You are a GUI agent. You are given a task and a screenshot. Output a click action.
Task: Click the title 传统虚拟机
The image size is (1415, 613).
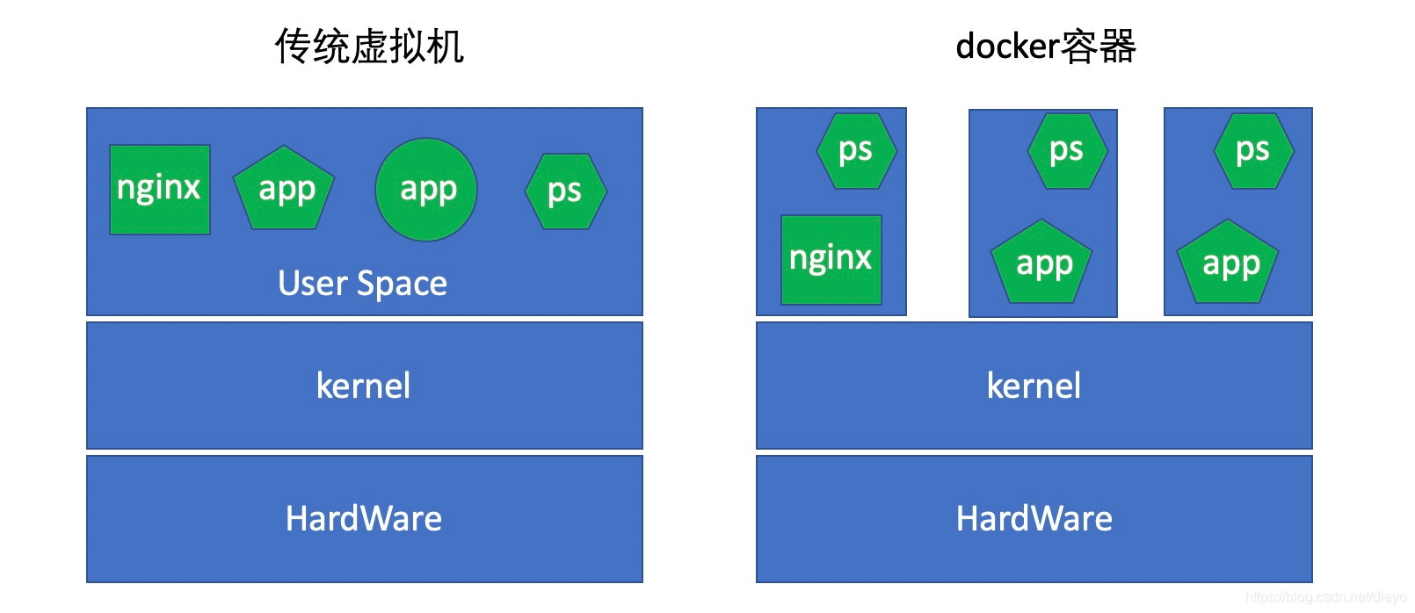coord(369,47)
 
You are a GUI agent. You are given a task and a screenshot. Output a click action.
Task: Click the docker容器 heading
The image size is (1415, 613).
coord(1046,47)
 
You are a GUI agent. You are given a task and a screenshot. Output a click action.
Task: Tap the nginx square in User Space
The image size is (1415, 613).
coord(160,190)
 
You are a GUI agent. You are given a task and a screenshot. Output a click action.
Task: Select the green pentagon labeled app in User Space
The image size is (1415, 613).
coord(284,190)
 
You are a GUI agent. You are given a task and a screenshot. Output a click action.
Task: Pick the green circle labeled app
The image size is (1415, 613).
coord(426,190)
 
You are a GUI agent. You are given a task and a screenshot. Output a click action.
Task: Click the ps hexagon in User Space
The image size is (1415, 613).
coord(565,191)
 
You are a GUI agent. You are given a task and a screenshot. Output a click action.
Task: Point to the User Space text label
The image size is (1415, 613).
coord(363,284)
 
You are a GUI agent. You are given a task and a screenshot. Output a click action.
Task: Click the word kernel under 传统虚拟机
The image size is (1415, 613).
coord(363,386)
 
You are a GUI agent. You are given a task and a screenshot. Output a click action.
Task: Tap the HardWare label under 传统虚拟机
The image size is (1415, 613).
coord(364,518)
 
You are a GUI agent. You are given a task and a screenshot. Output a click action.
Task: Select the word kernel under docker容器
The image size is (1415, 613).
coord(1034,386)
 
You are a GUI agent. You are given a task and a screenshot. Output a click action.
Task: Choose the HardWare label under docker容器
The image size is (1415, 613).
coord(1034,518)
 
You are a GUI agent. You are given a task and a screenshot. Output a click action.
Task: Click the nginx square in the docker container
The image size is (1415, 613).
coord(831,260)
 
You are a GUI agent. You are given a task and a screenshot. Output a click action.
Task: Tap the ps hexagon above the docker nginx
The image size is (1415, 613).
coord(856,151)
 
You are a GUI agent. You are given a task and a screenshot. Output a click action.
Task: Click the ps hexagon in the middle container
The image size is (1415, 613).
coord(1067,151)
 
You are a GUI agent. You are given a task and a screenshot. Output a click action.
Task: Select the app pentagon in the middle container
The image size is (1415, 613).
coord(1042,263)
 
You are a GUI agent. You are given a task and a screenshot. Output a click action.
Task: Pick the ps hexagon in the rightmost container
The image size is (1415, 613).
coord(1253,151)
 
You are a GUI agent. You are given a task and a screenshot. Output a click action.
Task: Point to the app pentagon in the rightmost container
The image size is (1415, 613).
coord(1229,263)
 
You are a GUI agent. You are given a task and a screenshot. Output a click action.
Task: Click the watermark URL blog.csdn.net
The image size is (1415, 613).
coord(1325,597)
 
